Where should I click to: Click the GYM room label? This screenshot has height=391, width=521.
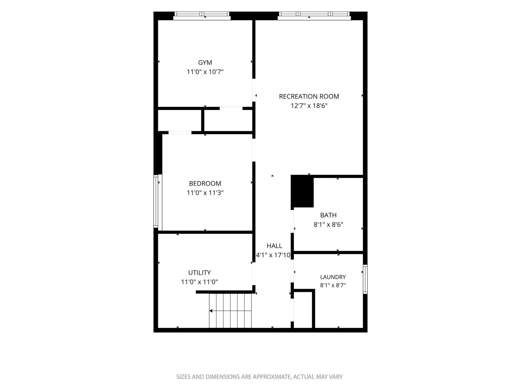[x=205, y=62]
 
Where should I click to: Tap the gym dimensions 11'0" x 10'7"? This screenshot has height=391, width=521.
[x=205, y=72]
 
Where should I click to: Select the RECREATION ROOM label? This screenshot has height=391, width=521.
[x=309, y=96]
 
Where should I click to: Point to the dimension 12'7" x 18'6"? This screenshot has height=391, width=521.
[x=309, y=106]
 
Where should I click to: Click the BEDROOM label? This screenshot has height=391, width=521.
[x=205, y=183]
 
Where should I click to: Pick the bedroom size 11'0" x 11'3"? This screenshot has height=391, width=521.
[x=205, y=193]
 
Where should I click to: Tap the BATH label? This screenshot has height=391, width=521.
[x=328, y=215]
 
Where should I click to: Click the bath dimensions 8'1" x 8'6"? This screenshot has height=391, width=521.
[x=328, y=224]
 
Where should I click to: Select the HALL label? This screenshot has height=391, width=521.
[x=274, y=246]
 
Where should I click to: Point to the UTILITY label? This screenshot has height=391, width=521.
[x=199, y=272]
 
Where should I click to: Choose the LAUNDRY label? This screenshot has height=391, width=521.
[x=333, y=277]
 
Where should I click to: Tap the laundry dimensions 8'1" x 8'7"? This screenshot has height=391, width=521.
[x=333, y=285]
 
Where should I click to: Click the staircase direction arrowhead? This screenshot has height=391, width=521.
[x=211, y=311]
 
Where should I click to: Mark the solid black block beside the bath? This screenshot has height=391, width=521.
[x=302, y=191]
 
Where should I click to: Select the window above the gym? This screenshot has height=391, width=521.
[x=202, y=16]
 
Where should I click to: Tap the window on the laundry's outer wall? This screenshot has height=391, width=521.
[x=365, y=279]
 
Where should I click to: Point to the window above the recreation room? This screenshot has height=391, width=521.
[x=314, y=16]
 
